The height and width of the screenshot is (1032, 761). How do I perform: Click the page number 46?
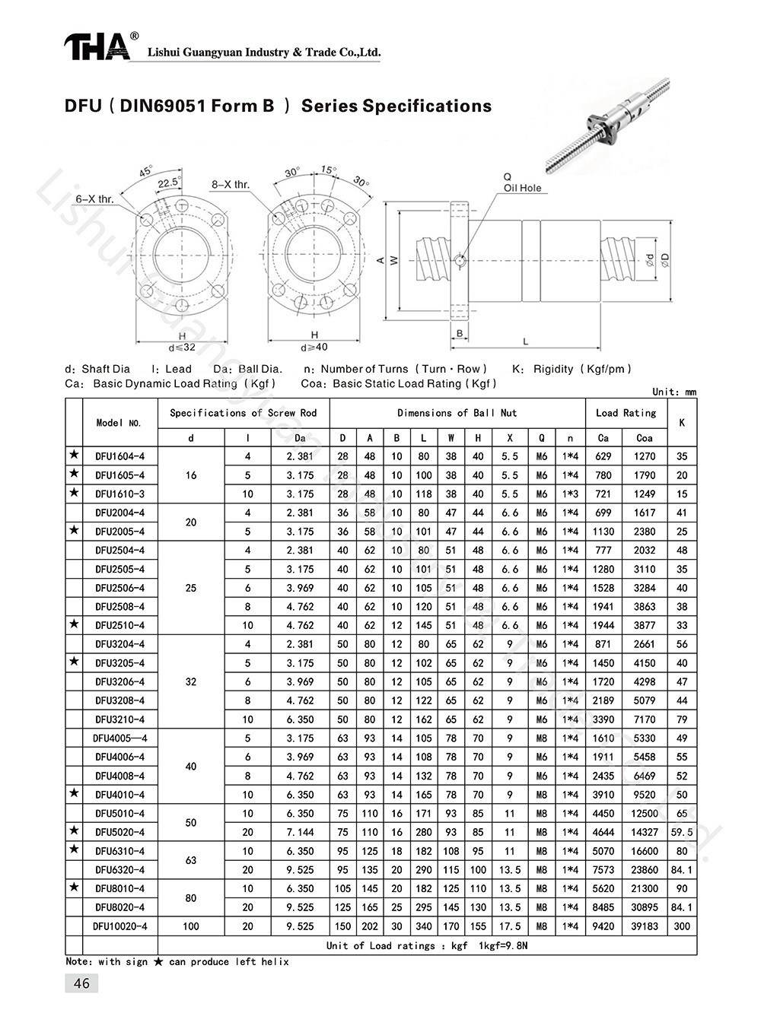[x=81, y=983]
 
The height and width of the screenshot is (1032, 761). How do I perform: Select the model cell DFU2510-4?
[x=119, y=626]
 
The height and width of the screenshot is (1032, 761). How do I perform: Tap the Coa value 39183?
[x=644, y=926]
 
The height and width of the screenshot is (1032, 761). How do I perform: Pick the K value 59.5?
[x=681, y=832]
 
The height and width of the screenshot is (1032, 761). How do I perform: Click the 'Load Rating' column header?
[x=626, y=413]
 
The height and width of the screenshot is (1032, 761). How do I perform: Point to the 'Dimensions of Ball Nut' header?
[x=457, y=413]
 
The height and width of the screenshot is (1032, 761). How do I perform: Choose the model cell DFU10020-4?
[x=119, y=926]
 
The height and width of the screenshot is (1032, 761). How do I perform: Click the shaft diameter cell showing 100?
[x=190, y=926]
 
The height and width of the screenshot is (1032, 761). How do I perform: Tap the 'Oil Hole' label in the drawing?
[x=522, y=188]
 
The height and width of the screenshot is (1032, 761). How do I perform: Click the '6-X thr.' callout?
[x=94, y=199]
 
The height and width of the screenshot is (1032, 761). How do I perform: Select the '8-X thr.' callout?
[x=230, y=185]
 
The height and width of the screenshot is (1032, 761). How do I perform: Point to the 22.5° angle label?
[x=169, y=183]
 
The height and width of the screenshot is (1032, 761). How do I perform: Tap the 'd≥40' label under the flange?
[x=314, y=348]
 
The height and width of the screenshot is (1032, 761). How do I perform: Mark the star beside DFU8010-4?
[x=74, y=888]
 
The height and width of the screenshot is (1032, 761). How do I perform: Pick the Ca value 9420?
[x=603, y=926]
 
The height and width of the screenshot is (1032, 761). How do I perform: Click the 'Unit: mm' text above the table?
[x=674, y=392]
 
